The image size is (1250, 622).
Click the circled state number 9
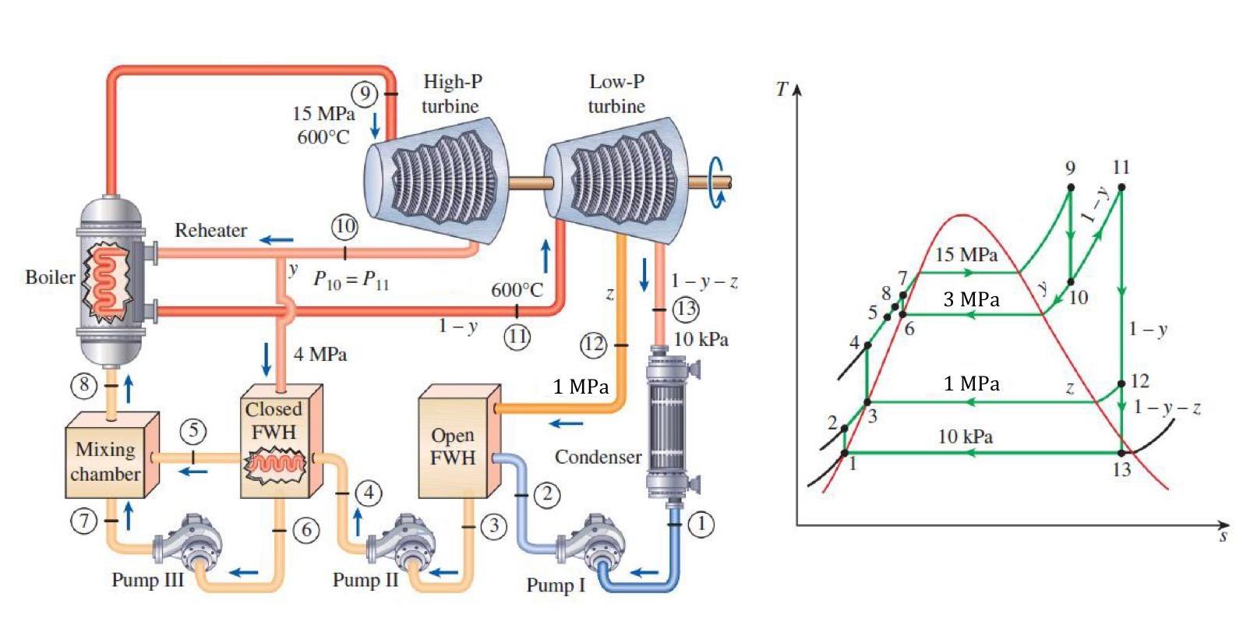[x=365, y=94]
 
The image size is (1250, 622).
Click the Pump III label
[x=147, y=580]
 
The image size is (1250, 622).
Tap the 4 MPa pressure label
[x=320, y=355]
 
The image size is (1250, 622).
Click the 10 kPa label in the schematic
[x=701, y=339]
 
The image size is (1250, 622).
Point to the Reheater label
[x=210, y=231]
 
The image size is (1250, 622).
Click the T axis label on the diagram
[x=782, y=89]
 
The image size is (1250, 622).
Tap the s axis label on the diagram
[x=1224, y=536]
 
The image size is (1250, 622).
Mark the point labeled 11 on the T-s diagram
[x=1121, y=187]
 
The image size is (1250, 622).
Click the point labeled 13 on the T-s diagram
[x=1121, y=453]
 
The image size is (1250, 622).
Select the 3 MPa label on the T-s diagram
[x=971, y=300]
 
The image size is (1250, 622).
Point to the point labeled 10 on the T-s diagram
[x=1071, y=282]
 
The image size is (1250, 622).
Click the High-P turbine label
[x=451, y=94]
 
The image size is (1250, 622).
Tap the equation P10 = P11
[x=351, y=280]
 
